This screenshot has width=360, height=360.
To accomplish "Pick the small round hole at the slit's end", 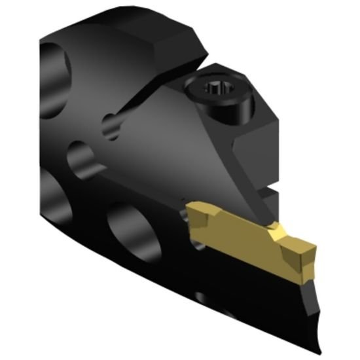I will pos(112,126).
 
